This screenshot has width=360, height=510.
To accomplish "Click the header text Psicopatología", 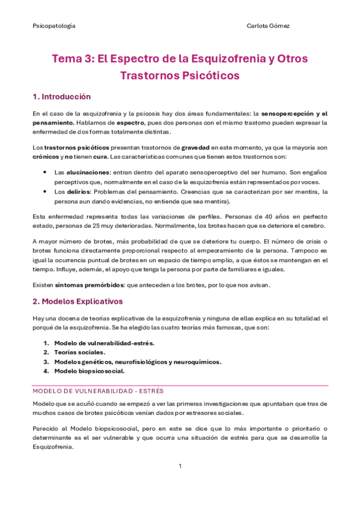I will [53, 26].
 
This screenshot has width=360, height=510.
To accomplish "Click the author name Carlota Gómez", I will [270, 26].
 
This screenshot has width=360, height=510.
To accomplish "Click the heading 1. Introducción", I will [61, 96].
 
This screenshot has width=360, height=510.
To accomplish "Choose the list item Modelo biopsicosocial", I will [89, 371].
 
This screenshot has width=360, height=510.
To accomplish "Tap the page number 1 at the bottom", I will [180, 467].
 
